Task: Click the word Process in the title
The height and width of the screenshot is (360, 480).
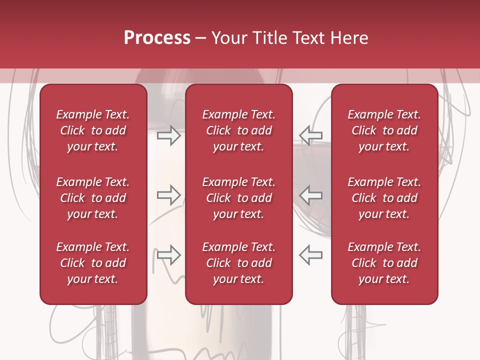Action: click(x=157, y=38)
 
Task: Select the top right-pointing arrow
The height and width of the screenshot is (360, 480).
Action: click(x=168, y=135)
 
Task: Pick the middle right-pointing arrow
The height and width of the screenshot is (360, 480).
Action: click(x=168, y=195)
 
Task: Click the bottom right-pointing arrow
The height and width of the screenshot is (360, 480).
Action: click(x=168, y=254)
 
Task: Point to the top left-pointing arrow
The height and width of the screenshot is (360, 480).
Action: click(x=310, y=135)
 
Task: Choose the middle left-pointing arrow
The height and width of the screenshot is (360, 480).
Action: click(x=310, y=195)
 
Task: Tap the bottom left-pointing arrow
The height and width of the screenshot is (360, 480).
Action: click(x=310, y=254)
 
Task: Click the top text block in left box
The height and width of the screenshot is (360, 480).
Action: click(x=93, y=130)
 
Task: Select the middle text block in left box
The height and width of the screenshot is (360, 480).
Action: click(x=93, y=198)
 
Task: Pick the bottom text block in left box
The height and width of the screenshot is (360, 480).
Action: click(x=93, y=263)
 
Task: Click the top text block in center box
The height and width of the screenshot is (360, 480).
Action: click(x=238, y=130)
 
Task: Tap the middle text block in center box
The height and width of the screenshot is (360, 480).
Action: click(x=238, y=198)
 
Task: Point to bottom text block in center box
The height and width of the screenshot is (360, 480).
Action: click(x=238, y=263)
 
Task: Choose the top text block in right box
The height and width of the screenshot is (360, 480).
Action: click(x=384, y=130)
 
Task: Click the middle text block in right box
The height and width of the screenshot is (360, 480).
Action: click(x=384, y=198)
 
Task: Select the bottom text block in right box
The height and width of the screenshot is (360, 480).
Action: click(x=384, y=263)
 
